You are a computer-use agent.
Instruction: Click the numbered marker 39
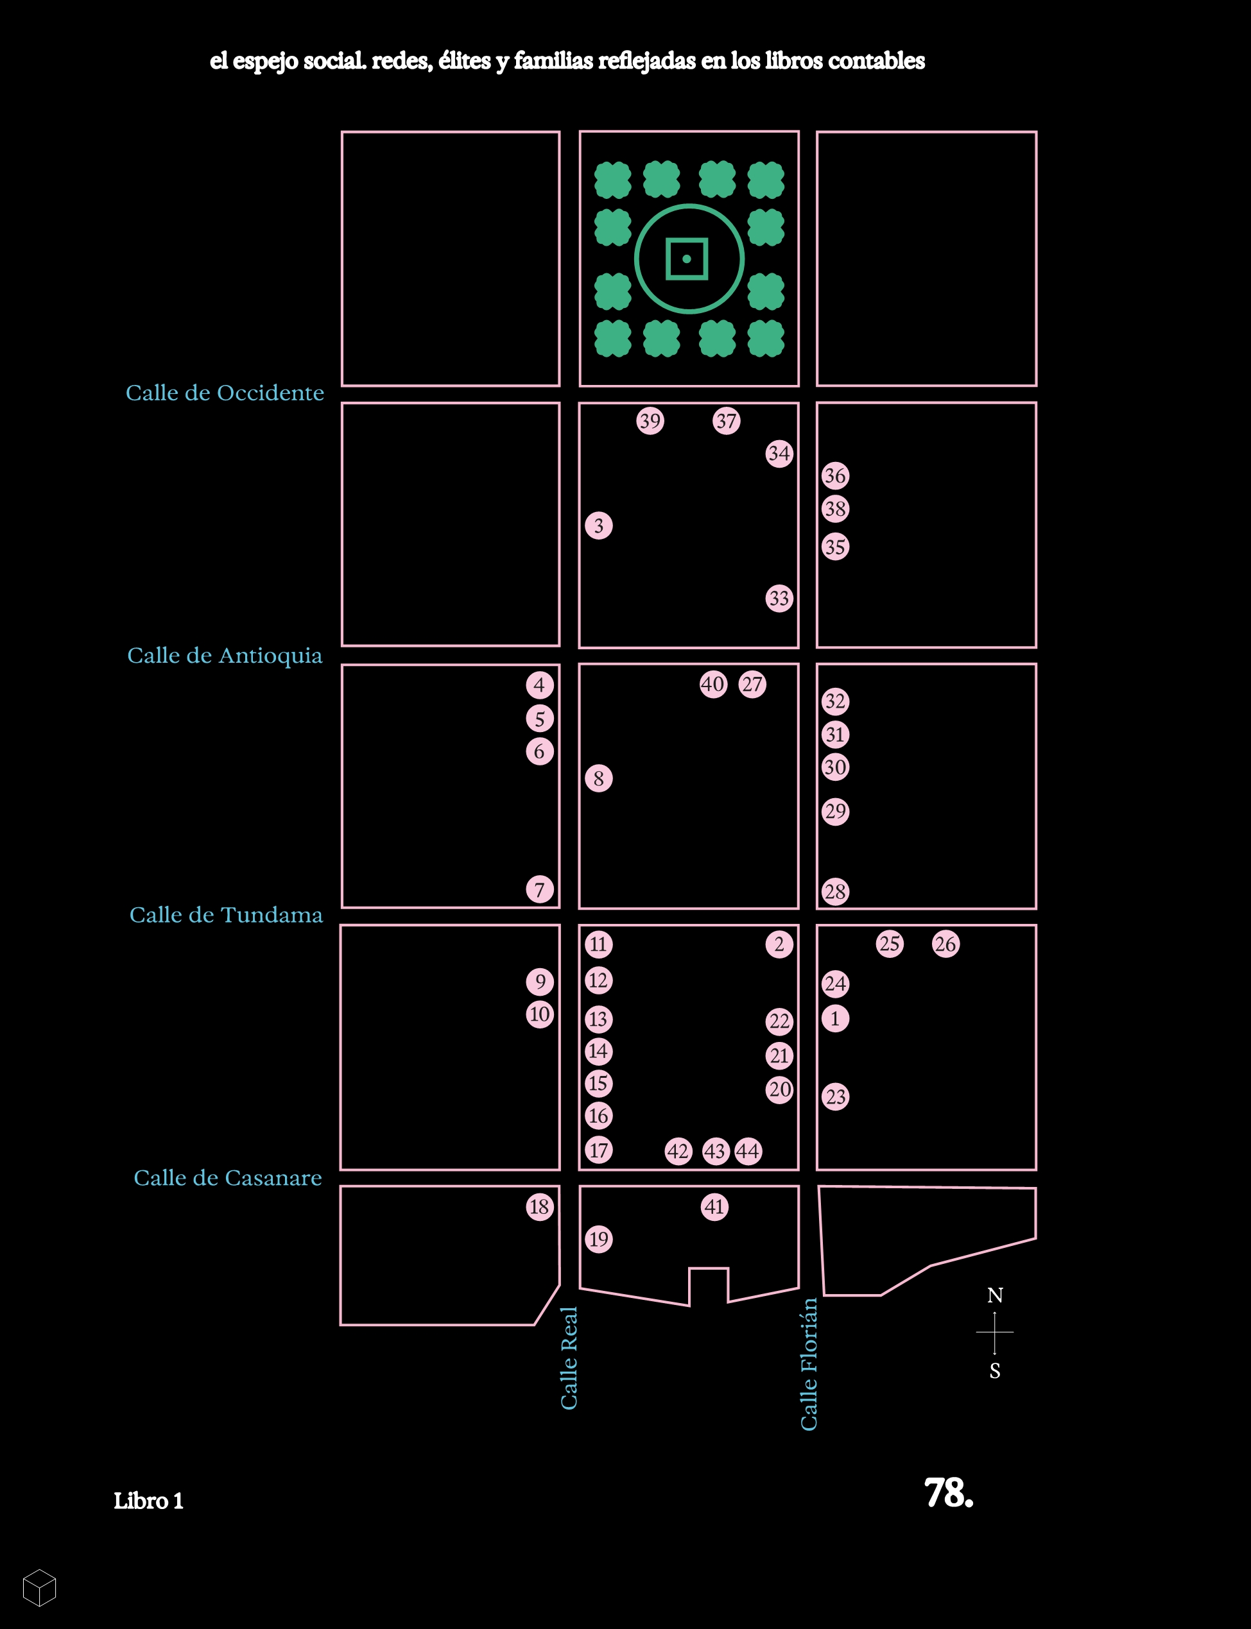click(650, 421)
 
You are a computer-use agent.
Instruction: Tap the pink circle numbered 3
click(599, 526)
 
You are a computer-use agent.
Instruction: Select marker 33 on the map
click(779, 599)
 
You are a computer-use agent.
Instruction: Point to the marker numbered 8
click(599, 778)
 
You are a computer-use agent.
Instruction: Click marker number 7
click(540, 889)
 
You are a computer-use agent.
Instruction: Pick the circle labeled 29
click(836, 811)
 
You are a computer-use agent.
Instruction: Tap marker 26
click(945, 944)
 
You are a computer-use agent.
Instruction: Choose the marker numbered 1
click(836, 1019)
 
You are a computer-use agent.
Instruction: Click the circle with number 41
click(715, 1207)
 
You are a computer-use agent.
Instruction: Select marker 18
click(540, 1206)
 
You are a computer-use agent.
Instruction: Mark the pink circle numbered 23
click(836, 1096)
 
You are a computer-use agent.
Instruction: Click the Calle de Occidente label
click(225, 393)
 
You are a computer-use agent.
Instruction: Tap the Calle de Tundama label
click(227, 915)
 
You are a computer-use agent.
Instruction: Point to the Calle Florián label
click(809, 1364)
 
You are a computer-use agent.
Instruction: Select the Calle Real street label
click(569, 1358)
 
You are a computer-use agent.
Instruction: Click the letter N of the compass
click(995, 1295)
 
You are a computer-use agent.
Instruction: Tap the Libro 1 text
click(148, 1501)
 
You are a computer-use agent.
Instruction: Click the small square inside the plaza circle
click(687, 259)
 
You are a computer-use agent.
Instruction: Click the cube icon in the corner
click(39, 1587)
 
